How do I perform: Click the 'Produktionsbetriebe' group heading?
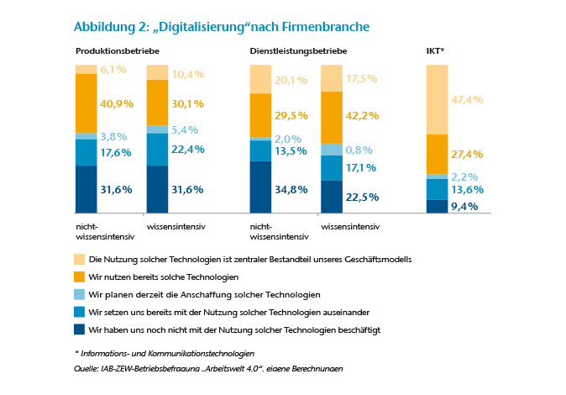[x=118, y=51]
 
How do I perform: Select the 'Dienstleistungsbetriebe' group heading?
[x=298, y=51]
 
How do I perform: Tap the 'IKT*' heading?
[x=435, y=51]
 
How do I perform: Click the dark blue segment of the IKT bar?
[x=437, y=207]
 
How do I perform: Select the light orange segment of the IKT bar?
[x=437, y=99]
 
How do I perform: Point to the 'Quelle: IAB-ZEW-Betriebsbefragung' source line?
[x=209, y=369]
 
